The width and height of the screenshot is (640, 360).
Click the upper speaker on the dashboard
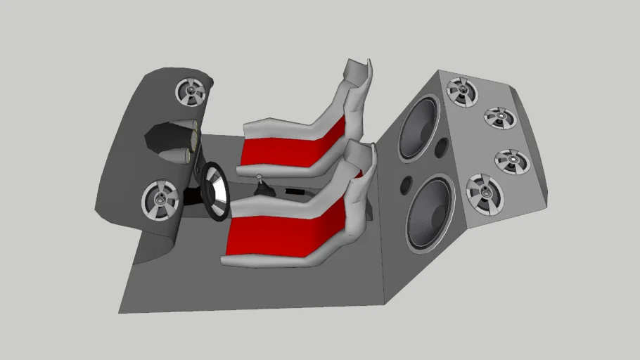(191, 92)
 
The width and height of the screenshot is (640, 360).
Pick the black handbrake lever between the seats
(295, 191)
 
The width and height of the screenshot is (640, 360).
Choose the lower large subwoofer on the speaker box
(430, 212)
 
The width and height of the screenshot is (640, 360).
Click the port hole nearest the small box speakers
(442, 148)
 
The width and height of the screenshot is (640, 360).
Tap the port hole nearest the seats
(406, 185)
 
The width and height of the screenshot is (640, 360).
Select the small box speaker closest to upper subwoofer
(463, 91)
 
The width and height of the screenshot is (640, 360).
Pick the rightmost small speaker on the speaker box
(512, 161)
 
